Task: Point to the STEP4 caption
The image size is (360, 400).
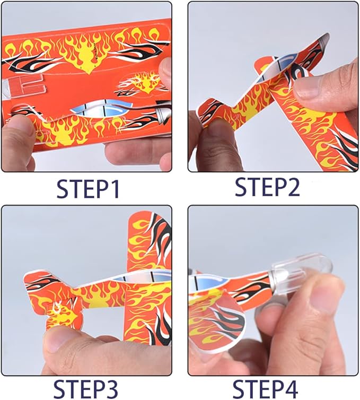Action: tap(267, 386)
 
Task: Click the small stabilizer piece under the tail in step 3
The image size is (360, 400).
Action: tap(58, 316)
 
